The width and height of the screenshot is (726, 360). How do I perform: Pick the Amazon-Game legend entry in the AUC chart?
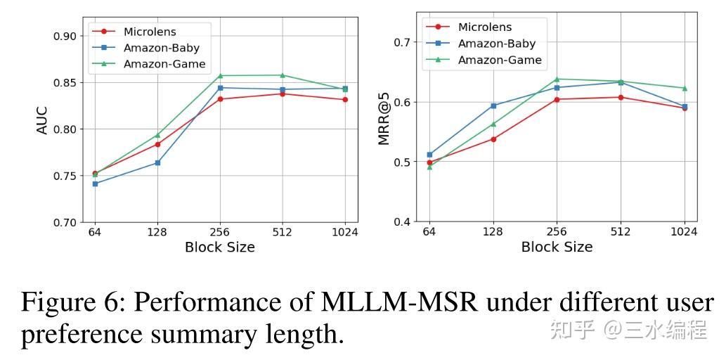164,64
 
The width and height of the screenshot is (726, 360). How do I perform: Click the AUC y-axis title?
42,120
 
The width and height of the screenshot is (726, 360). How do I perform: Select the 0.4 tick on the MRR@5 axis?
403,222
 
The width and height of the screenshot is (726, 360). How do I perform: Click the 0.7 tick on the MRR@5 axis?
403,42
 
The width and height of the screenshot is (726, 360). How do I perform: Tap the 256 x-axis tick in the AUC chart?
220,233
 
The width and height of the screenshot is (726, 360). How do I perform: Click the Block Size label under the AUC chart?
219,247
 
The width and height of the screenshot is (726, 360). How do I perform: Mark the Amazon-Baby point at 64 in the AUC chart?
95,184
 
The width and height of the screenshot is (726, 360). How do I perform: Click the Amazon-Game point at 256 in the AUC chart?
220,75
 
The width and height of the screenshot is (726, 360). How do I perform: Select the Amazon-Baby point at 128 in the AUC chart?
157,162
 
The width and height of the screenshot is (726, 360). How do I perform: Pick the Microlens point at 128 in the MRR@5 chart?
493,139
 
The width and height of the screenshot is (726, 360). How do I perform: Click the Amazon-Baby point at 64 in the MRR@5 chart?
430,155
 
